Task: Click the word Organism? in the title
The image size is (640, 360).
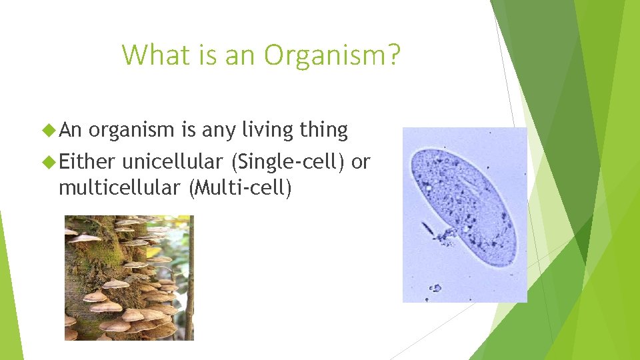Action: pyautogui.click(x=332, y=55)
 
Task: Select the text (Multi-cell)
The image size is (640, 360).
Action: pyautogui.click(x=241, y=188)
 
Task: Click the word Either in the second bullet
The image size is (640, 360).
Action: pyautogui.click(x=87, y=161)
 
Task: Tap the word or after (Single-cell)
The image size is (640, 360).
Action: pyautogui.click(x=360, y=161)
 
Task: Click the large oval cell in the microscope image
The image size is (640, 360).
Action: pyautogui.click(x=467, y=200)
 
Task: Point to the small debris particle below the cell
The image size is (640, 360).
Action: pyautogui.click(x=435, y=288)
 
